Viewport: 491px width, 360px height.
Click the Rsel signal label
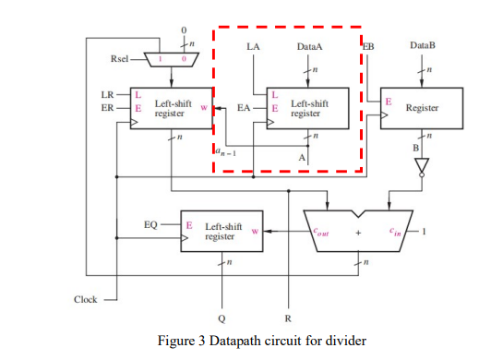point(119,59)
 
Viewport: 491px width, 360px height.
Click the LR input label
point(107,94)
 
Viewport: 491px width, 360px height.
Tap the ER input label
point(107,107)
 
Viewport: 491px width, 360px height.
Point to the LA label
point(254,45)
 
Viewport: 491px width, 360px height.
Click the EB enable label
point(368,45)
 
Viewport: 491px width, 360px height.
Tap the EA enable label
point(244,108)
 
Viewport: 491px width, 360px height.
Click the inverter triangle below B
point(422,167)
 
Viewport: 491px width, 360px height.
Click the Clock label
point(87,299)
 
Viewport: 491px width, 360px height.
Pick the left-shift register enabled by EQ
point(222,231)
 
